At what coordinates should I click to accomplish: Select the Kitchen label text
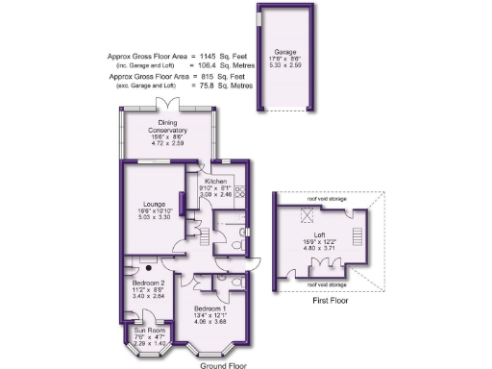(x=213, y=181)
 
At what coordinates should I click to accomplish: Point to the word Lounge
(x=155, y=204)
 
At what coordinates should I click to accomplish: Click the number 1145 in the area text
(x=209, y=56)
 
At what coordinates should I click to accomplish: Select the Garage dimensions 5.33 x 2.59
(x=284, y=66)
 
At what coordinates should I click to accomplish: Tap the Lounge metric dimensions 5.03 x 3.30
(x=155, y=218)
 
